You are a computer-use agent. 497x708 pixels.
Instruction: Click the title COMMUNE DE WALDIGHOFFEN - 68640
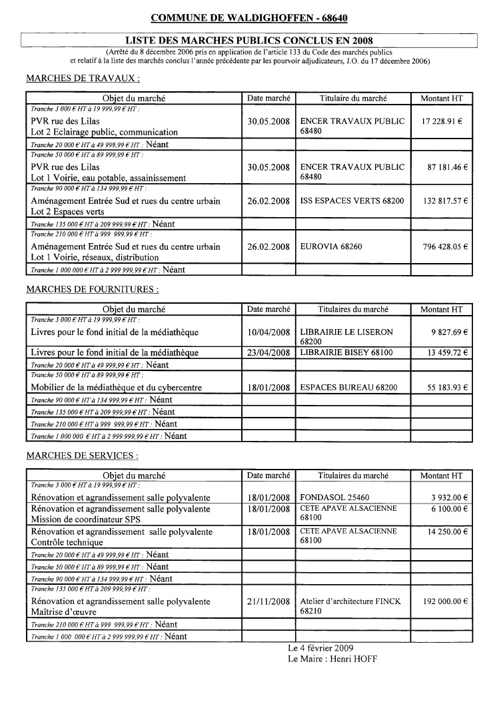tap(248, 18)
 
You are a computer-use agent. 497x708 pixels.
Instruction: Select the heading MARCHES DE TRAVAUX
tap(83, 79)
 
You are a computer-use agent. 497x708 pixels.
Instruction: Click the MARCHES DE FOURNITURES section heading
tap(92, 290)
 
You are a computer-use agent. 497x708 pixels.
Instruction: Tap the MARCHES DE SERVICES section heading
tap(82, 456)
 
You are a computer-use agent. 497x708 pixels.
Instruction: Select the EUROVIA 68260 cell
tap(331, 247)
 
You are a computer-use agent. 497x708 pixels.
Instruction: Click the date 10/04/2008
tap(268, 332)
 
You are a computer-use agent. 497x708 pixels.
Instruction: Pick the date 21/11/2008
tap(268, 601)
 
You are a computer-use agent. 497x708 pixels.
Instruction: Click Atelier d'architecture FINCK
tap(350, 601)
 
